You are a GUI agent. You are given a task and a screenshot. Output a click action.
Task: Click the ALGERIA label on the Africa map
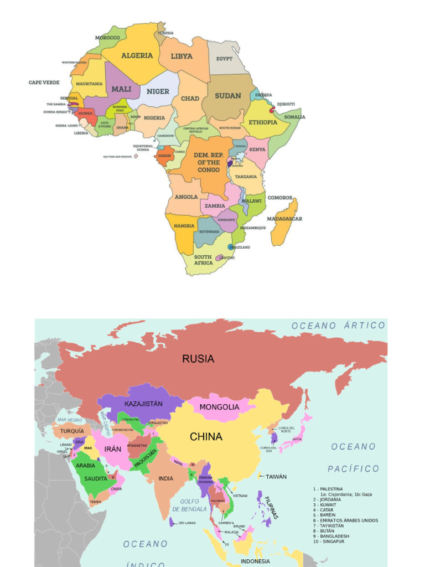click(x=137, y=55)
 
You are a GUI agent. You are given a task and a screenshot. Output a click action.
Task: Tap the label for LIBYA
click(x=182, y=56)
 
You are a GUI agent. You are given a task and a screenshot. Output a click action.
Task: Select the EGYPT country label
click(x=224, y=59)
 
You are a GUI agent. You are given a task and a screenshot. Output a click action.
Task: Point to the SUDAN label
click(x=228, y=96)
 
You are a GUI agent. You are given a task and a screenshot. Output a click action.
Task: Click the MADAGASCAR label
click(x=284, y=219)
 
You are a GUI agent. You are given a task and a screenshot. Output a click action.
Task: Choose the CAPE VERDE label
click(x=44, y=83)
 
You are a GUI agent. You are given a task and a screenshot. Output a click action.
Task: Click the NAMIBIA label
click(x=184, y=226)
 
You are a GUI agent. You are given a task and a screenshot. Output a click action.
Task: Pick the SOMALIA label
click(x=294, y=117)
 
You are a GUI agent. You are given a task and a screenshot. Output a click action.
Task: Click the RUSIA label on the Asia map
click(x=198, y=359)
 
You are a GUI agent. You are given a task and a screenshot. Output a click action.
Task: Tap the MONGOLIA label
click(x=219, y=407)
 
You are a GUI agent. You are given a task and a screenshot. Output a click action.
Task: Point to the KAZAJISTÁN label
click(x=143, y=404)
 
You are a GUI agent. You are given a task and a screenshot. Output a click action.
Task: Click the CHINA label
click(x=206, y=437)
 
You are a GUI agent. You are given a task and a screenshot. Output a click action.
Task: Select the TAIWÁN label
click(x=276, y=476)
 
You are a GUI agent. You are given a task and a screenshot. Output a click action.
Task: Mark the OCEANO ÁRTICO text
click(x=338, y=326)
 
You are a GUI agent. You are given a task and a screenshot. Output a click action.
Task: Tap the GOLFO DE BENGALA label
click(x=189, y=505)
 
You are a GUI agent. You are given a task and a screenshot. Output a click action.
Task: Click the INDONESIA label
click(x=255, y=561)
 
